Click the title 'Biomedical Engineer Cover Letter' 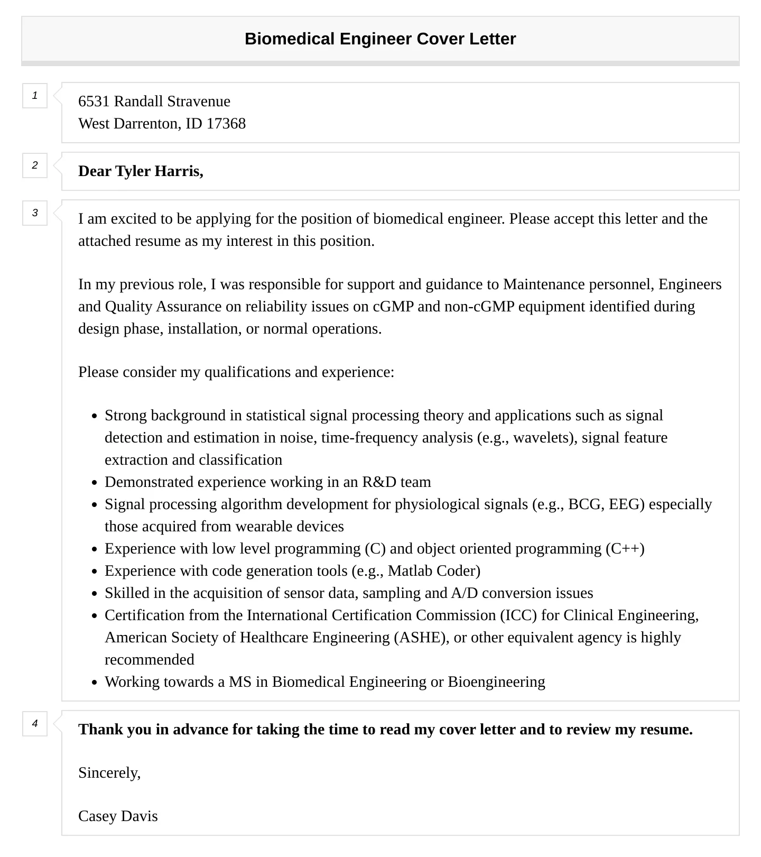click(x=380, y=39)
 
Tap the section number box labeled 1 click(x=35, y=96)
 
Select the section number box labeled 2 click(x=35, y=165)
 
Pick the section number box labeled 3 click(x=35, y=213)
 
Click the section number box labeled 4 click(x=35, y=724)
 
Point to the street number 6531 click(x=94, y=102)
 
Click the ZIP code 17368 click(x=226, y=124)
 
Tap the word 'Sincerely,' click(x=109, y=773)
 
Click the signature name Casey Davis click(x=118, y=816)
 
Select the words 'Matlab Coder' click(x=434, y=571)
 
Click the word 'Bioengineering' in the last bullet click(x=496, y=682)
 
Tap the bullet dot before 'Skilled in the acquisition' click(x=94, y=594)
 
